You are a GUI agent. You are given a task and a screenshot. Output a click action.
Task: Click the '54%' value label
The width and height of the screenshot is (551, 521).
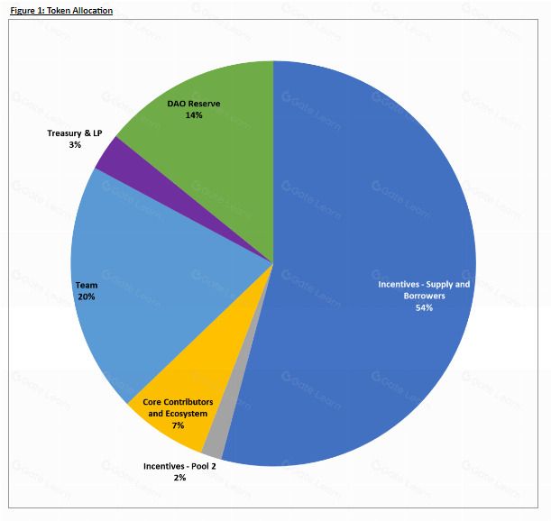point(424,307)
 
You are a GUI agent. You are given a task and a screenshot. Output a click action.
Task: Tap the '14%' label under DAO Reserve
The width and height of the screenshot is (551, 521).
point(194,115)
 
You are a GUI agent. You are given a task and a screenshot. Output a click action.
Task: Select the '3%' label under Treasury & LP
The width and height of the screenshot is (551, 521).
point(74,144)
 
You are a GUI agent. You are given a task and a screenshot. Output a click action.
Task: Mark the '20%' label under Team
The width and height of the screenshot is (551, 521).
point(87,296)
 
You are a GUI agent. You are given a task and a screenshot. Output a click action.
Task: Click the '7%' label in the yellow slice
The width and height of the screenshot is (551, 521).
point(178,425)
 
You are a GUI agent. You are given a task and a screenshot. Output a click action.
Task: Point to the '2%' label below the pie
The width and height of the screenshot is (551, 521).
point(179,478)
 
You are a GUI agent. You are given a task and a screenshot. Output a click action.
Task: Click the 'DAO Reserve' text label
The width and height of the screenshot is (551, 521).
point(194,104)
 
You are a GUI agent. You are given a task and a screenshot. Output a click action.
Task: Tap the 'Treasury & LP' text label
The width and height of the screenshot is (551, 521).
point(75,133)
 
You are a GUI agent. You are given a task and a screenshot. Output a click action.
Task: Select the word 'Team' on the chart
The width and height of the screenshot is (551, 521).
point(87,284)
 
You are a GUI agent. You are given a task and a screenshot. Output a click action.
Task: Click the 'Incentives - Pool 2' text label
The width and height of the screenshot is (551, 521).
point(179,466)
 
